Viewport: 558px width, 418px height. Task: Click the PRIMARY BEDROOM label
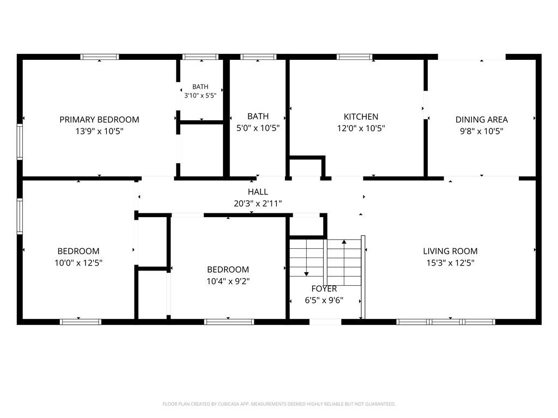pyautogui.click(x=99, y=119)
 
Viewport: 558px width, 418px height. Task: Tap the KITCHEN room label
pyautogui.click(x=361, y=116)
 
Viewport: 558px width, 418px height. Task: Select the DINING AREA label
pyautogui.click(x=482, y=119)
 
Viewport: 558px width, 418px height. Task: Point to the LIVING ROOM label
pyautogui.click(x=450, y=251)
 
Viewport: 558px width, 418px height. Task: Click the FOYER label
pyautogui.click(x=324, y=288)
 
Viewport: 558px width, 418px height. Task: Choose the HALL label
pyautogui.click(x=258, y=192)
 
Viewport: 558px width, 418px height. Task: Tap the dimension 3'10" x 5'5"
pyautogui.click(x=200, y=95)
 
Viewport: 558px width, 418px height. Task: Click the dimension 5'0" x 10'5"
pyautogui.click(x=258, y=128)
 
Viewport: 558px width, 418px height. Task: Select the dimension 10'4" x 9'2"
pyautogui.click(x=228, y=281)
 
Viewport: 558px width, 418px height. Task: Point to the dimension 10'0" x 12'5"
pyautogui.click(x=78, y=263)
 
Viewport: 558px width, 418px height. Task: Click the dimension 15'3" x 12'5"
pyautogui.click(x=450, y=263)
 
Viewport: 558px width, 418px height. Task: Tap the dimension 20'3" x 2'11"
pyautogui.click(x=258, y=204)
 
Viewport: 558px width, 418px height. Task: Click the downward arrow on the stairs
pyautogui.click(x=306, y=257)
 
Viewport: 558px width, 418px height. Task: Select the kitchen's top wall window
pyautogui.click(x=354, y=57)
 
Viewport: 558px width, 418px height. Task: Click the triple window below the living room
pyautogui.click(x=446, y=322)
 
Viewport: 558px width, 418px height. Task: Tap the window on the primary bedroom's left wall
pyautogui.click(x=20, y=142)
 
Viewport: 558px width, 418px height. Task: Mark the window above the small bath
pyautogui.click(x=201, y=57)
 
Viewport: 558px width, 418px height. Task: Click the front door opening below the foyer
pyautogui.click(x=325, y=322)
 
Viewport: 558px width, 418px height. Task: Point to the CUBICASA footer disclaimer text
pyautogui.click(x=279, y=404)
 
